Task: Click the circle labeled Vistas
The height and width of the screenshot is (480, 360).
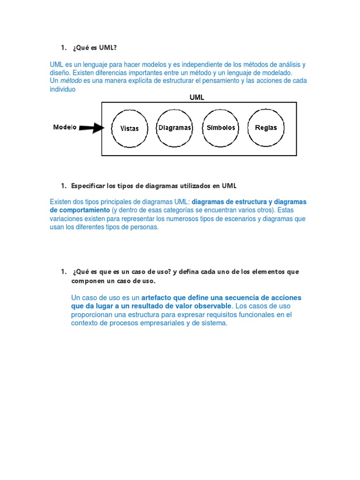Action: click(x=129, y=128)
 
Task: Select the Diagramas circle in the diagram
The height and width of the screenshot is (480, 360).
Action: click(x=174, y=128)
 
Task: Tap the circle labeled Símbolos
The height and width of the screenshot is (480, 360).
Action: click(x=221, y=128)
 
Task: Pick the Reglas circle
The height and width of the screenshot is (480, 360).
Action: click(x=266, y=128)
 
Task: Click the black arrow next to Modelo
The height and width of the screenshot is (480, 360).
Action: click(x=92, y=127)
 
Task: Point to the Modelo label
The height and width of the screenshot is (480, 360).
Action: click(x=65, y=127)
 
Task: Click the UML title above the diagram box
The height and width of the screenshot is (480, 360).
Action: click(x=196, y=97)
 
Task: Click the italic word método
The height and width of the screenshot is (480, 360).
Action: click(x=71, y=81)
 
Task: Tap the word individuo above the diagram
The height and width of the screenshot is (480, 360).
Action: click(x=62, y=89)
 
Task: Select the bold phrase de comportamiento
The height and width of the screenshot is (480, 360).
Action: click(x=80, y=210)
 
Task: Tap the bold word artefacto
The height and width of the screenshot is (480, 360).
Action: click(x=156, y=298)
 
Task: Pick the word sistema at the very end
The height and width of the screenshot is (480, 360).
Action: click(x=213, y=323)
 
